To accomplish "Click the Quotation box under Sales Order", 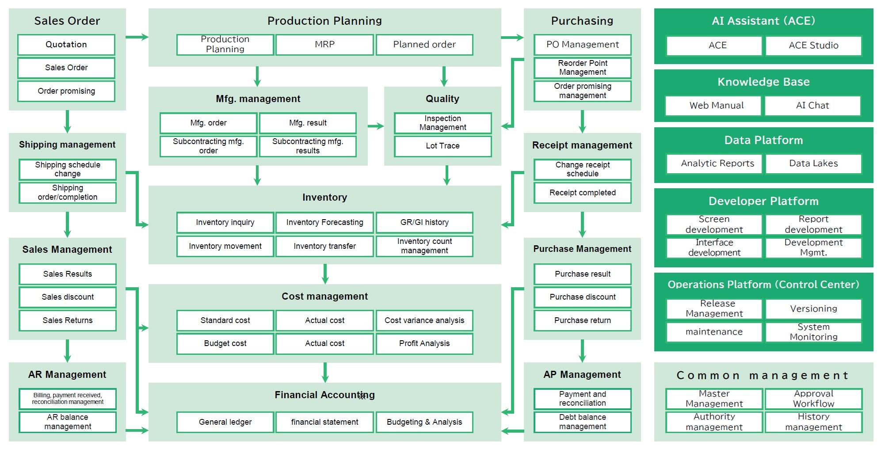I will click(66, 45).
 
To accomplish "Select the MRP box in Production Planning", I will click(324, 45).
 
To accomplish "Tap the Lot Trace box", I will click(442, 146).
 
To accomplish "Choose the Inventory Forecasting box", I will click(324, 222).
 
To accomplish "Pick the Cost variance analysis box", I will click(424, 320).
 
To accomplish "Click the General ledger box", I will click(225, 422).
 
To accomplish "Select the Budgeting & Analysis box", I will click(424, 422).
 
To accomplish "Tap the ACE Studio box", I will click(813, 46).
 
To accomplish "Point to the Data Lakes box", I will click(813, 164).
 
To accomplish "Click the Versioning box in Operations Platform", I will click(813, 309).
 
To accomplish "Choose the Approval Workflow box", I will click(813, 399).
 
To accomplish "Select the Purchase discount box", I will click(582, 297).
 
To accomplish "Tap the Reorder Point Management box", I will click(582, 68).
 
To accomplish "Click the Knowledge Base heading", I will click(763, 82).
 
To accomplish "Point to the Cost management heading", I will click(324, 297).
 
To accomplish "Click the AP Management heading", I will click(582, 375).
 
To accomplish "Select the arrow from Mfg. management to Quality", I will click(376, 126).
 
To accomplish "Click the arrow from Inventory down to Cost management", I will click(325, 274).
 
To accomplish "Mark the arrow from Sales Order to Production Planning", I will click(137, 37).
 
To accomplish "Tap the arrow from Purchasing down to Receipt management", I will click(582, 121).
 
